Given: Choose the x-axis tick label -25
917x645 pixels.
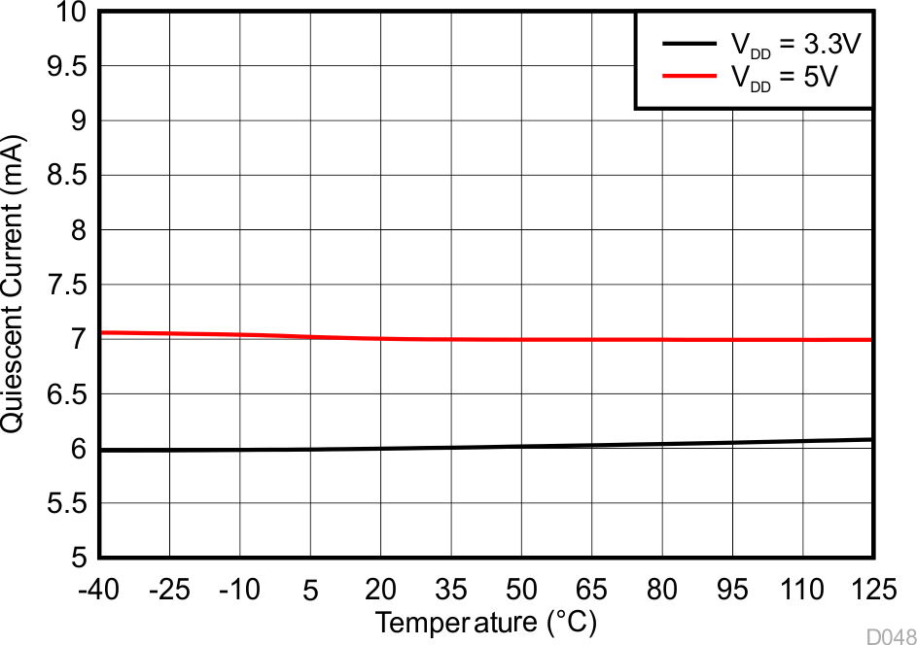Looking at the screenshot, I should (169, 589).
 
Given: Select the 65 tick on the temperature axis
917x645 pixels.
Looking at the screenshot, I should (592, 589).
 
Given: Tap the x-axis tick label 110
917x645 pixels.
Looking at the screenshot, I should (802, 589).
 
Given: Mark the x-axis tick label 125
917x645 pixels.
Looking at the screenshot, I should (871, 589).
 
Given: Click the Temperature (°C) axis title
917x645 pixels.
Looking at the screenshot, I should (486, 622).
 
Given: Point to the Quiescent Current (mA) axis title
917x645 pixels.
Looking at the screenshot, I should (16, 285).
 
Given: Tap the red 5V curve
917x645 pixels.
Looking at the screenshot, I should (486, 339).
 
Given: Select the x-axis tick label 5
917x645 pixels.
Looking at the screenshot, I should (310, 589).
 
